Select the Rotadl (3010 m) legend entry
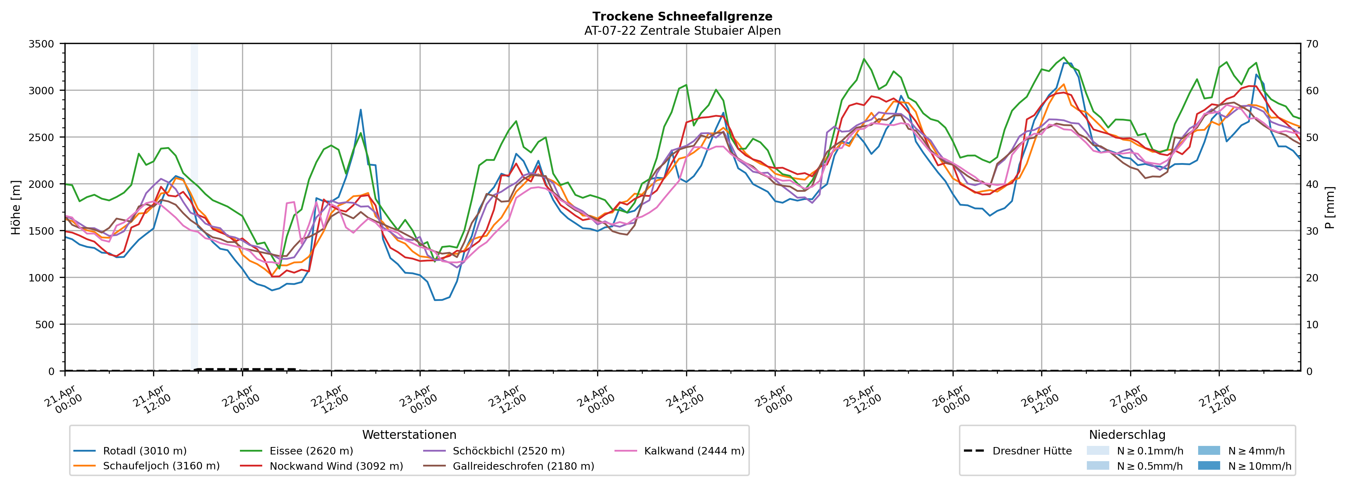[144, 451]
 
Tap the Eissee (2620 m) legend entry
[311, 451]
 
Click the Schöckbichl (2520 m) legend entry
[508, 451]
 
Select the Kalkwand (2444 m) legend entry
[694, 451]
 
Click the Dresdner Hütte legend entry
[1032, 451]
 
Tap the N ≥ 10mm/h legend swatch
[1208, 465]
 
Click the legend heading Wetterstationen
[409, 435]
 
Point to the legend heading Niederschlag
[1127, 435]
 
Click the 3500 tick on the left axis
[41, 44]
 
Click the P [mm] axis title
[1330, 207]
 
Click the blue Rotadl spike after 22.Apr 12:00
[360, 110]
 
